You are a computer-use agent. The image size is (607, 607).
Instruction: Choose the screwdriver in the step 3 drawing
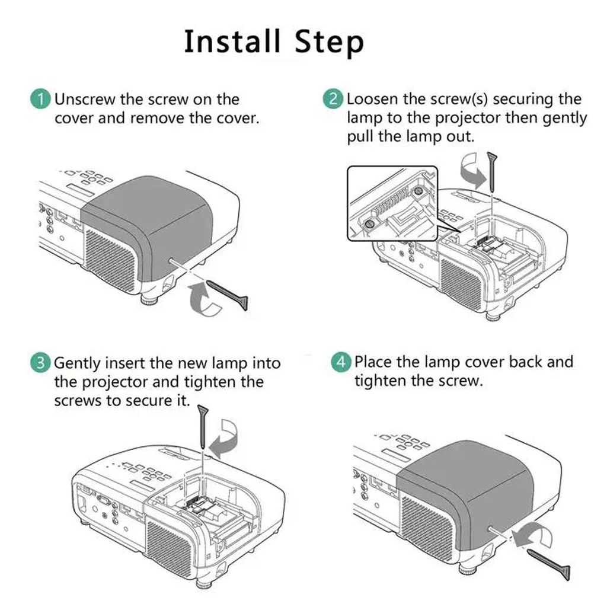coord(203,424)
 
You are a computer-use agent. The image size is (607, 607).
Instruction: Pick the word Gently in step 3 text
coord(78,363)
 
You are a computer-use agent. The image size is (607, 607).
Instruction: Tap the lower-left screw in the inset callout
coord(369,223)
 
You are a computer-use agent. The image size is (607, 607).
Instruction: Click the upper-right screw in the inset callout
coord(418,191)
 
